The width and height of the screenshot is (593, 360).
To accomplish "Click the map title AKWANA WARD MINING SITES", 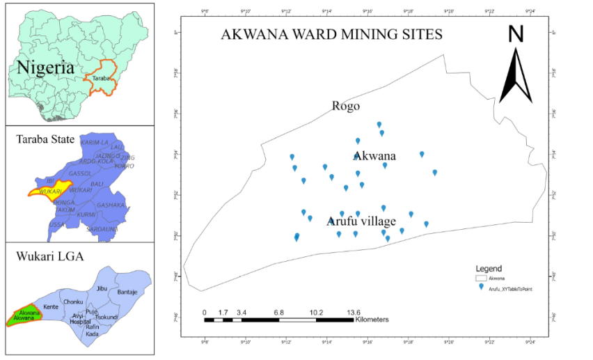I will [x=331, y=35].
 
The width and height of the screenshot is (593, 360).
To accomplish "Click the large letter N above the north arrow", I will [x=515, y=36].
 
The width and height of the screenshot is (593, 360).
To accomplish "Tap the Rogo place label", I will [x=345, y=107].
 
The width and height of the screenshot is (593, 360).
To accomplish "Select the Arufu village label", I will [x=361, y=221].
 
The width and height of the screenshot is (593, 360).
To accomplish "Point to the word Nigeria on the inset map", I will [x=45, y=68].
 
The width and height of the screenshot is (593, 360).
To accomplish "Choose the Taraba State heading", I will [x=45, y=139].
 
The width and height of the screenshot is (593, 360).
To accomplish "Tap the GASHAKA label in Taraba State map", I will [x=111, y=205].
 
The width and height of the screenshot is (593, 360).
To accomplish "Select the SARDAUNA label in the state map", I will [x=102, y=228].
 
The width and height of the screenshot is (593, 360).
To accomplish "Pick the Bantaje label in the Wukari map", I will [x=127, y=292].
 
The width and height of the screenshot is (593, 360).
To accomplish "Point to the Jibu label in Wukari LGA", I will [x=102, y=288].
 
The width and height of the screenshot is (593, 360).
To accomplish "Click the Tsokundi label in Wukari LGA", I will [x=106, y=318].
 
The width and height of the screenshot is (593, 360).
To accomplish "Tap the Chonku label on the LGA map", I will [x=73, y=302].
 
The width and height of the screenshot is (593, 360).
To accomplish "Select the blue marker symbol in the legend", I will [x=480, y=286].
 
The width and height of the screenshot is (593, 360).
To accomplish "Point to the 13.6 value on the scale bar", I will [x=354, y=313].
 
